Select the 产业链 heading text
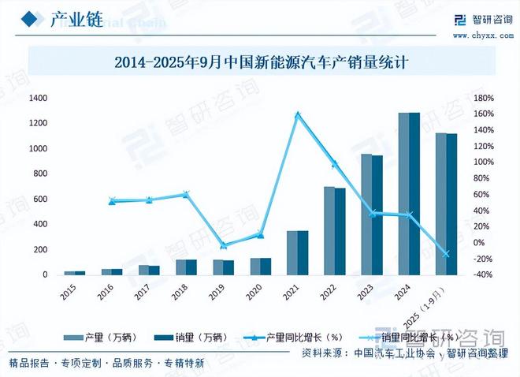point(76,20)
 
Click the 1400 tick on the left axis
point(38,98)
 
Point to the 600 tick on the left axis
point(40,199)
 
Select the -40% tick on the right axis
point(482,274)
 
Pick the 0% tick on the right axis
point(485,243)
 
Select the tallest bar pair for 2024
point(409,193)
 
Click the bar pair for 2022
point(335,230)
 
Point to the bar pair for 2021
point(298,252)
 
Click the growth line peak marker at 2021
point(298,115)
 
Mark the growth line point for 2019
point(224,246)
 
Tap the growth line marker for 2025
point(446,254)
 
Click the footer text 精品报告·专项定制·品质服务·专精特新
point(106,364)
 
